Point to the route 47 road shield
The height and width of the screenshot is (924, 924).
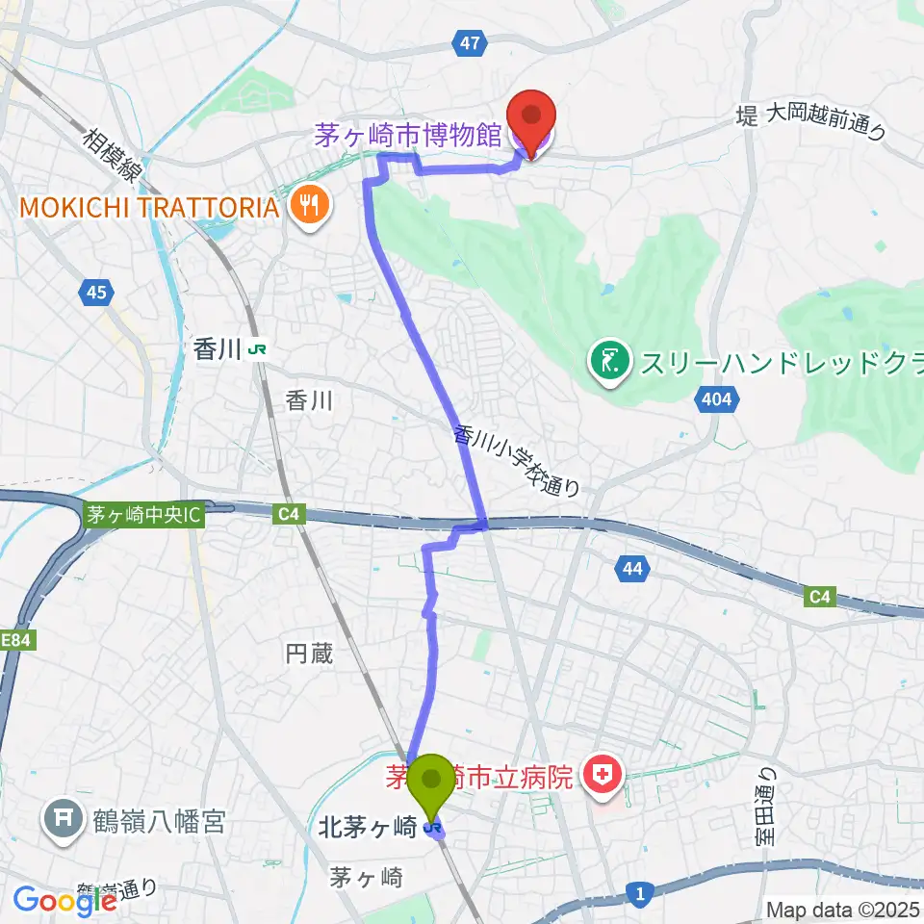click(x=468, y=42)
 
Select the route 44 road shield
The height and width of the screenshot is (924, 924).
click(x=630, y=570)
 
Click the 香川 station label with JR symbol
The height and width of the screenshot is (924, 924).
click(x=227, y=350)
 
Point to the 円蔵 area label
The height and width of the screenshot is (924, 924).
click(x=309, y=654)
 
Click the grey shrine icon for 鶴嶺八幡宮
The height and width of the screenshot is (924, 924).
click(x=64, y=820)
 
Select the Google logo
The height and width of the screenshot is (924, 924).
click(x=64, y=900)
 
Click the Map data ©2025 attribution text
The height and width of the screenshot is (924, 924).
click(x=842, y=908)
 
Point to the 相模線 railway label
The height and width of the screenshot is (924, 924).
click(x=110, y=159)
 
